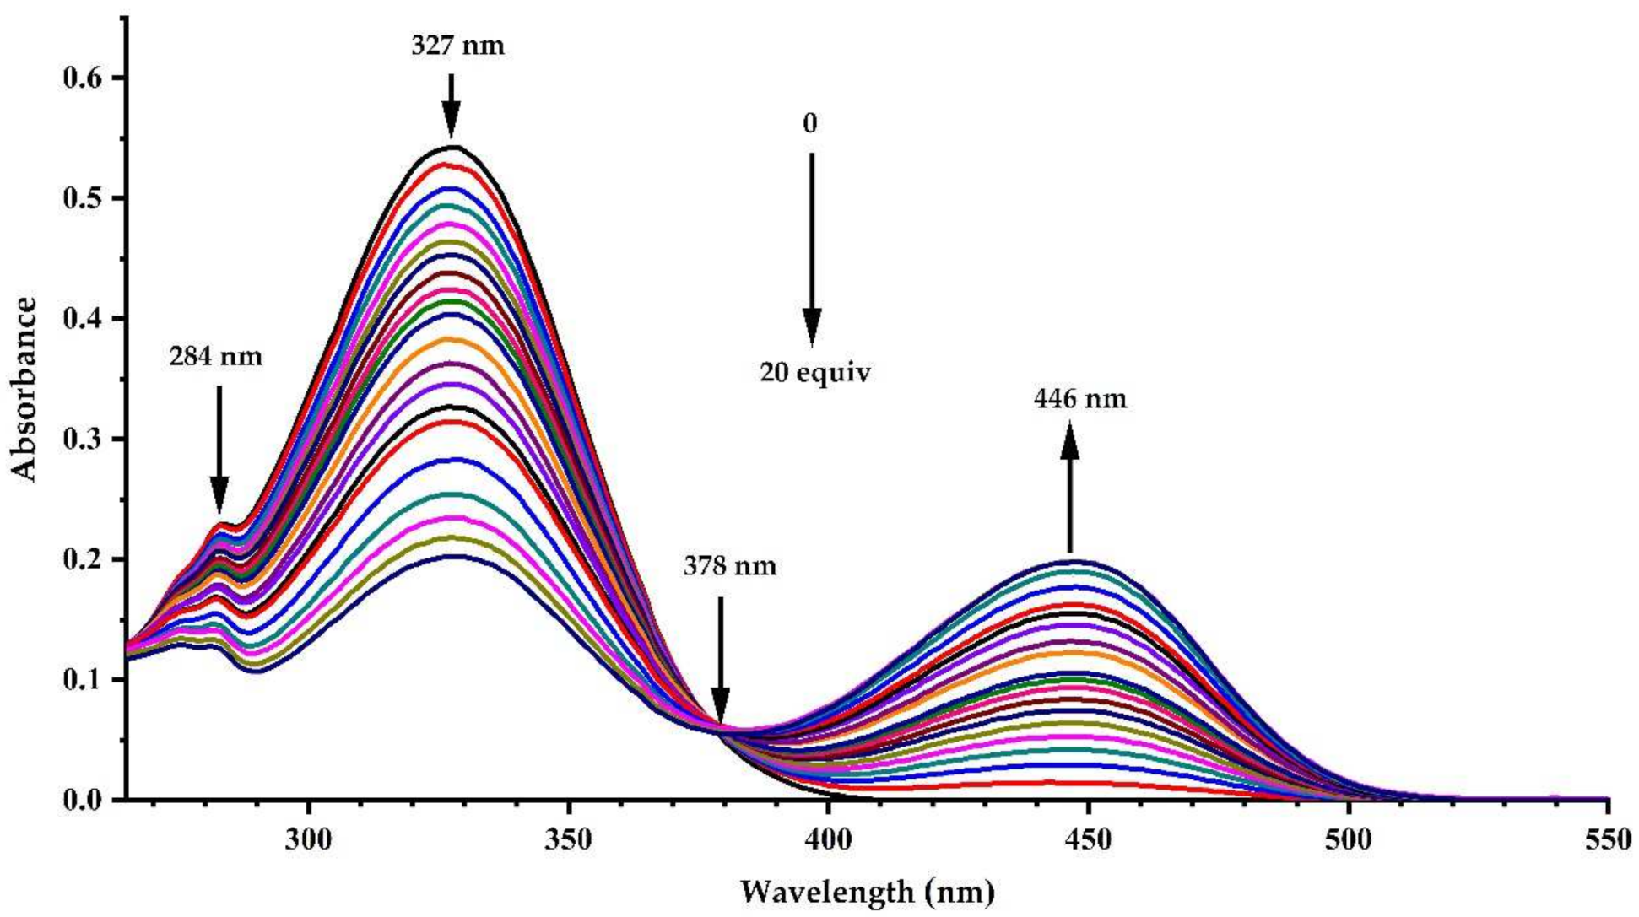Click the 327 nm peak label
(x=457, y=45)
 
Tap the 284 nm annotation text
(x=215, y=357)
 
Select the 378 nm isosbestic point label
(x=729, y=566)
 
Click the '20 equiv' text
(x=814, y=372)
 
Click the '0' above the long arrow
(x=809, y=124)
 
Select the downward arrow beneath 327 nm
(x=451, y=105)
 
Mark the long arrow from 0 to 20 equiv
(x=811, y=249)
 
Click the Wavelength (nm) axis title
(x=867, y=891)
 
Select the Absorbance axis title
(x=25, y=389)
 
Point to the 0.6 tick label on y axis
(x=82, y=78)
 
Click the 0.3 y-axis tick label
(x=82, y=439)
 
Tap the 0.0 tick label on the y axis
(x=82, y=799)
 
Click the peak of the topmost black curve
(x=453, y=147)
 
